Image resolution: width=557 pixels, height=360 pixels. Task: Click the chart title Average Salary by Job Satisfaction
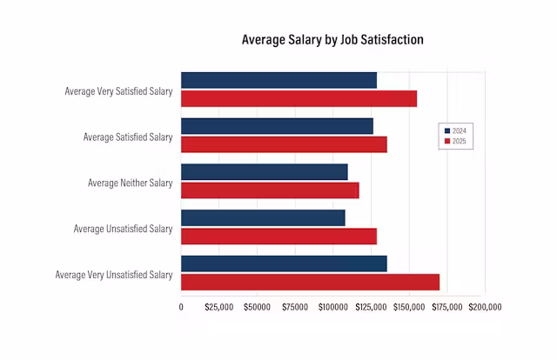(332, 40)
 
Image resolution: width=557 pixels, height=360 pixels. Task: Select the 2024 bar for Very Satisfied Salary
(278, 80)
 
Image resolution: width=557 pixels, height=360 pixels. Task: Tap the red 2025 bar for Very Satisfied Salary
(299, 98)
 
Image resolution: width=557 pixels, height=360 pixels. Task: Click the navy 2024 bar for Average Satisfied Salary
(277, 126)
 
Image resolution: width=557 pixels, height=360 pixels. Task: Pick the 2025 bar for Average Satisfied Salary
(284, 144)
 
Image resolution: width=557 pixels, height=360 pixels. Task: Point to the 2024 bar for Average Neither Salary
(264, 172)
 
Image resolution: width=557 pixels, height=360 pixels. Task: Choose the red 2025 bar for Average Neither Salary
(270, 190)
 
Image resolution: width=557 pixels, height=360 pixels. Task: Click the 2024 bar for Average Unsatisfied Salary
(263, 217)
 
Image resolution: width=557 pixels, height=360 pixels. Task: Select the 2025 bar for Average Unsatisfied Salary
(278, 237)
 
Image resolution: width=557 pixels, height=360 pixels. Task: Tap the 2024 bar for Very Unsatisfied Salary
(284, 263)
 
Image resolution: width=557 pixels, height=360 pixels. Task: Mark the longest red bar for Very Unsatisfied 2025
(310, 282)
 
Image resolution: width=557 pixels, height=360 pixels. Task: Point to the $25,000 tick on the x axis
(218, 307)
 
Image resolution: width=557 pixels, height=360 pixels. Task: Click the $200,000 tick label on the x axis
(485, 307)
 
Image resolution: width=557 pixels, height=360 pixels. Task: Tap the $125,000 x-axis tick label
(371, 307)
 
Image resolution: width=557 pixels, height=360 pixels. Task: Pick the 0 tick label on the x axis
(181, 307)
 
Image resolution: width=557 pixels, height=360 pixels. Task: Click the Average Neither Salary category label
(130, 183)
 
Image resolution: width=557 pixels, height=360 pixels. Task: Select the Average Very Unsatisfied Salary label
(114, 275)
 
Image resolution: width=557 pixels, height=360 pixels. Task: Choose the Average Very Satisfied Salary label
(118, 90)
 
